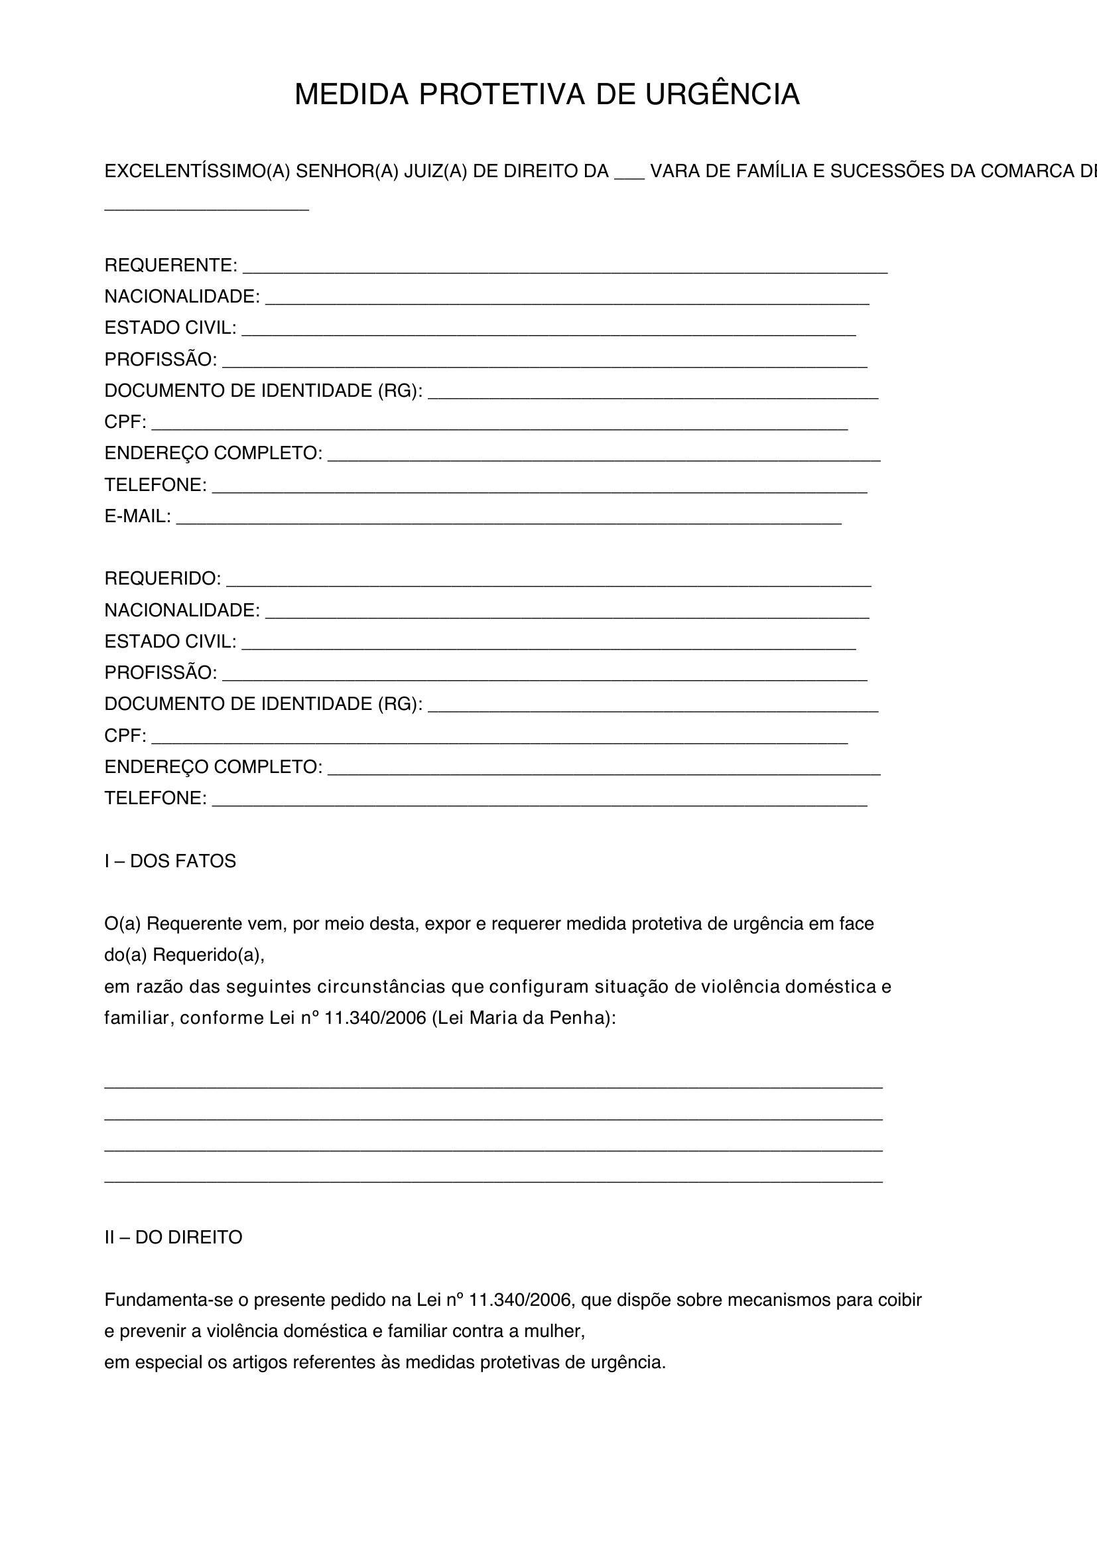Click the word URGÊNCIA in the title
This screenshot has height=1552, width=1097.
(722, 95)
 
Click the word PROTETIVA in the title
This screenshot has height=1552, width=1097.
(501, 95)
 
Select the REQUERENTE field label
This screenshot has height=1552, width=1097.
(170, 265)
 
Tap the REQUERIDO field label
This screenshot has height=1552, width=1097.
(162, 579)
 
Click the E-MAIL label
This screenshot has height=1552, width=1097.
(137, 516)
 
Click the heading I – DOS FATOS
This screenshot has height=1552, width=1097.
(170, 861)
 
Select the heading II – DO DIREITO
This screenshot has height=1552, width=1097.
(173, 1237)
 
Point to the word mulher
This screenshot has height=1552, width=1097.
(558, 1331)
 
